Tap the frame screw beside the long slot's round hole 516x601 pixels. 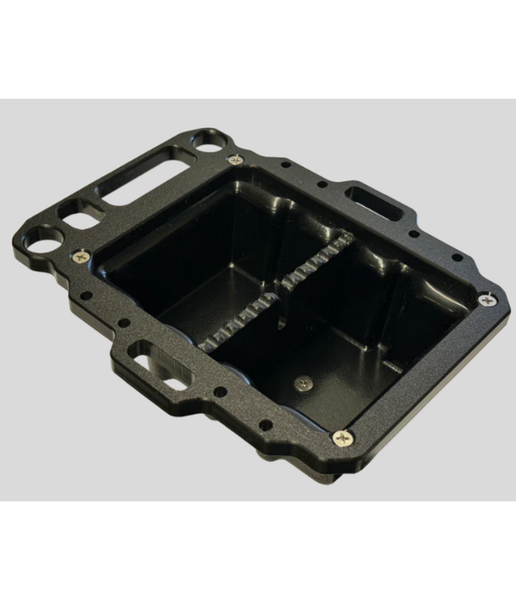pyautogui.click(x=235, y=160)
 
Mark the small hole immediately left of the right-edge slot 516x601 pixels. pyautogui.click(x=322, y=185)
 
